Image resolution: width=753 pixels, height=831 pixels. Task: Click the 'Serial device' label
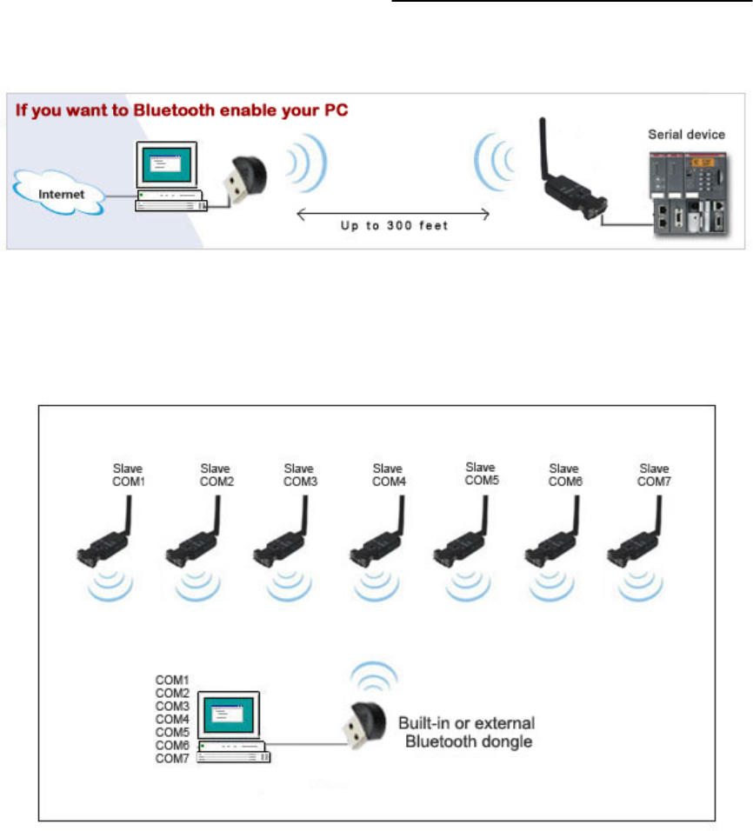686,135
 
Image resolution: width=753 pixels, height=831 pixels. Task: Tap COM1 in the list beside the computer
172,679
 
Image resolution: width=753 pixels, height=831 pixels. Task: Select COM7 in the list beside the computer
172,759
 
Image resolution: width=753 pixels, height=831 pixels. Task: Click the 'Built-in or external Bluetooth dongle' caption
466,731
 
